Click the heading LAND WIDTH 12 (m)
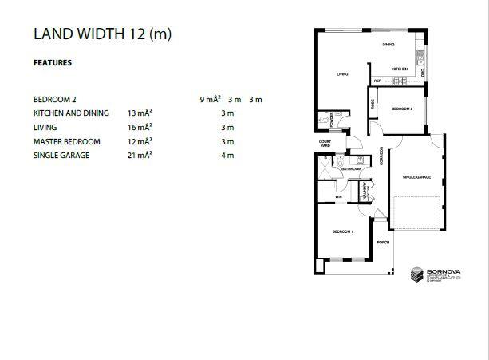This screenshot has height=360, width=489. [x=102, y=34]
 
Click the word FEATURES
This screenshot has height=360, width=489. [x=53, y=62]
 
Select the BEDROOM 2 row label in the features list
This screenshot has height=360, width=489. [x=55, y=100]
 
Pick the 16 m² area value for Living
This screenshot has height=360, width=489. [x=139, y=127]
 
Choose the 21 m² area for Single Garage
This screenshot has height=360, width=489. [x=139, y=155]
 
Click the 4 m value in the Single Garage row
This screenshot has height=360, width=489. [x=227, y=155]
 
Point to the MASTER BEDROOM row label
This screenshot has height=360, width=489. [x=67, y=141]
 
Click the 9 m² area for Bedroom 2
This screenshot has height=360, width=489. [x=211, y=100]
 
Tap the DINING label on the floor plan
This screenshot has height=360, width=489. [x=388, y=45]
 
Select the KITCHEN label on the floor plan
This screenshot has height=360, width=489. [x=400, y=69]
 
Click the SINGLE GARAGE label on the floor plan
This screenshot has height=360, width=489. [x=416, y=176]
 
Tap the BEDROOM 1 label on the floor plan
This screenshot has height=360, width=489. [x=342, y=231]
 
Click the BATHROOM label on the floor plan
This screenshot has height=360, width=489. [x=352, y=169]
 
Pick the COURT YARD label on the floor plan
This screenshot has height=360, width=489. [x=325, y=144]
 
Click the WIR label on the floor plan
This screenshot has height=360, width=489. [x=338, y=196]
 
